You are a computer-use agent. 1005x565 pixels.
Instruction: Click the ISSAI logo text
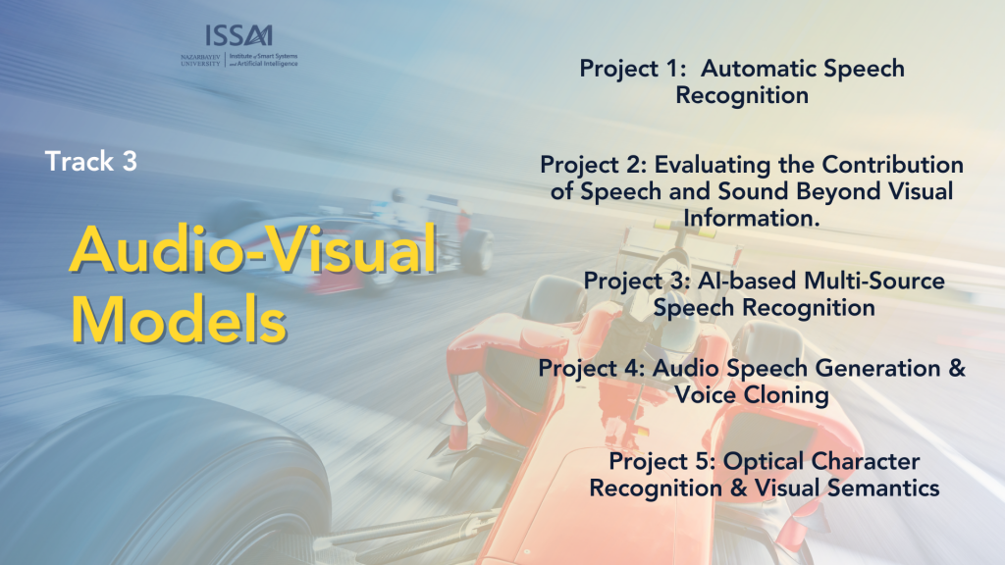click(239, 36)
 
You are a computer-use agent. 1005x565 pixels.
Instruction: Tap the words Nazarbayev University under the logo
click(200, 60)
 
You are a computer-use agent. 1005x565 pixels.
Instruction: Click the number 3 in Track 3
click(130, 162)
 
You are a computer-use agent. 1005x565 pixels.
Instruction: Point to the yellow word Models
click(179, 320)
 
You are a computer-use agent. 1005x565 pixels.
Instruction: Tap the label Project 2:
click(593, 165)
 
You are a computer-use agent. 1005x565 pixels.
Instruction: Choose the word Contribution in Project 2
click(892, 165)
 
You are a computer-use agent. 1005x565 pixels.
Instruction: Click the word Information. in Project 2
click(751, 219)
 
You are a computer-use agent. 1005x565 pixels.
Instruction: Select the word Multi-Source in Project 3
click(873, 281)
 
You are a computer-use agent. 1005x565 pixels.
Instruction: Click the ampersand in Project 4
click(956, 368)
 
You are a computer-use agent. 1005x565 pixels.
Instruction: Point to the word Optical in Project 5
click(764, 461)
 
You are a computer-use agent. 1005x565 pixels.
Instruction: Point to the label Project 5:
click(661, 462)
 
